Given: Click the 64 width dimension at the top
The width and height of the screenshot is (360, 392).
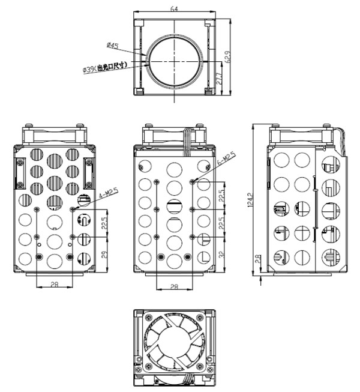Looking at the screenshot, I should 175,8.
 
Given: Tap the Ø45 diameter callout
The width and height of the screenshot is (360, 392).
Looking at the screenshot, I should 112,45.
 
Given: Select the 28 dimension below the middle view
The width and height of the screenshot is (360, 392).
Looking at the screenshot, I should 174,287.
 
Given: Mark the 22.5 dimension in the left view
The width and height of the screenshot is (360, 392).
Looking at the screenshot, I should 103,223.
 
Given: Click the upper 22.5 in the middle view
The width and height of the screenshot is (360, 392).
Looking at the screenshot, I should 221,196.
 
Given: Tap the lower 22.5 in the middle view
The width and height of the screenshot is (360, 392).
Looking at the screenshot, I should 221,223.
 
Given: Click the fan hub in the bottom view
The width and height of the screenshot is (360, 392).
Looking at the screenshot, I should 174,348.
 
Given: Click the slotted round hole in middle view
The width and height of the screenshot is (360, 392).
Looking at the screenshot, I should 173,207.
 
